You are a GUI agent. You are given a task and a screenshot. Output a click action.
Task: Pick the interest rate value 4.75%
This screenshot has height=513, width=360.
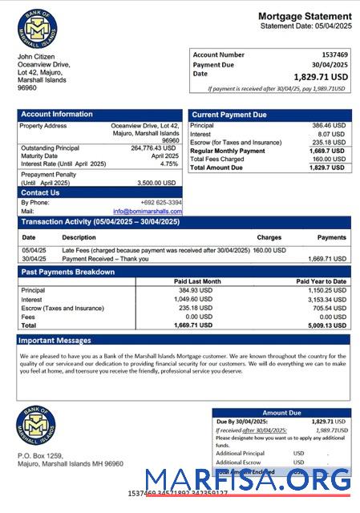click(168, 164)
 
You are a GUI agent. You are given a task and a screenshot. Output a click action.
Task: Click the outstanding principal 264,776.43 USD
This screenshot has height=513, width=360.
click(152, 147)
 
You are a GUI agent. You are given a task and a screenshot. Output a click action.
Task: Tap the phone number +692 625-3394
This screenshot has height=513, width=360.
click(160, 202)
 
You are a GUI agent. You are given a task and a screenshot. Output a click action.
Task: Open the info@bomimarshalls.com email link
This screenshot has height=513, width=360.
click(148, 211)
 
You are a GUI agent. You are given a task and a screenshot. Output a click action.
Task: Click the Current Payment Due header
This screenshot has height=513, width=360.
click(229, 115)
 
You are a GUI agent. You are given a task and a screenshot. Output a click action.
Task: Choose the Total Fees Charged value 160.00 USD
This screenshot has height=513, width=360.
click(328, 159)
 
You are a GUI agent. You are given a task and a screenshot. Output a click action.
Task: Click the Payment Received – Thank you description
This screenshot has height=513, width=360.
click(106, 259)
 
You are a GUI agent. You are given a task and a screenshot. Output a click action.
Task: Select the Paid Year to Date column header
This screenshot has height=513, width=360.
click(320, 281)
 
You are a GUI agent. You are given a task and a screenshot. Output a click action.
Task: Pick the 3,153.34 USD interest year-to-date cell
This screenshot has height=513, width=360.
click(326, 299)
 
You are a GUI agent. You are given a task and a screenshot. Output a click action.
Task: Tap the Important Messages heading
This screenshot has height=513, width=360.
click(56, 341)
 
